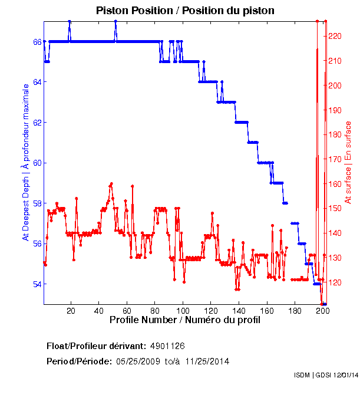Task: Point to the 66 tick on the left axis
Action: coord(37,42)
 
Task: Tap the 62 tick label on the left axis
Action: coord(37,123)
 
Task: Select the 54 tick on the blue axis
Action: coord(37,284)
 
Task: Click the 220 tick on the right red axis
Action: coord(334,37)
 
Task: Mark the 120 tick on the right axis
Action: coord(334,282)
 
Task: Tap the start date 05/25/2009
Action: coord(137,361)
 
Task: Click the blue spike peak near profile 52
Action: coord(115,21)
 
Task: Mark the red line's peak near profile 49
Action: coord(111,184)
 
